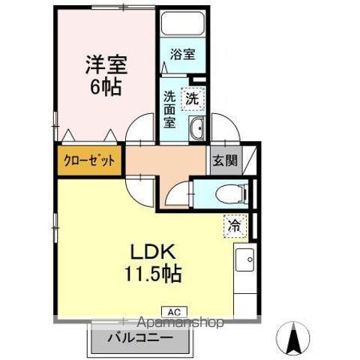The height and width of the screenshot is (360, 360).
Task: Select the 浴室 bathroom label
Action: (x=181, y=54)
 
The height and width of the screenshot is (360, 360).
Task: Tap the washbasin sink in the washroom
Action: (x=196, y=130)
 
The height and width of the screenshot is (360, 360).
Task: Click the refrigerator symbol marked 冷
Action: (x=234, y=223)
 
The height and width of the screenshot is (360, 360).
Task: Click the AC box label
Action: (x=172, y=311)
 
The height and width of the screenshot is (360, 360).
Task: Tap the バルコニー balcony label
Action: (x=142, y=338)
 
